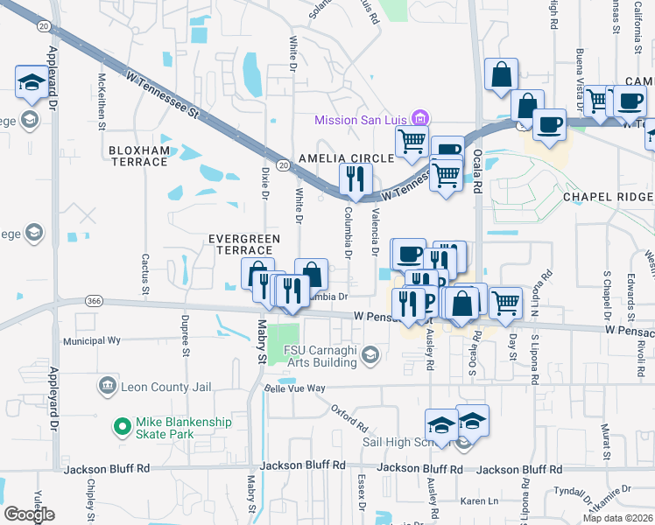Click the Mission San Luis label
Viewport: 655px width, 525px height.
tap(363, 118)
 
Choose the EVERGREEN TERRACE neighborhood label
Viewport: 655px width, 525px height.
tap(244, 244)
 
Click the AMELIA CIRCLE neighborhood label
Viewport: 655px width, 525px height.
tap(338, 158)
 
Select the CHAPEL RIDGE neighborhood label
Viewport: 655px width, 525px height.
tap(609, 197)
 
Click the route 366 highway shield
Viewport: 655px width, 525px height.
tap(95, 301)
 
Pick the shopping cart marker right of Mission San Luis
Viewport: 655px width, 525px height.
tap(412, 140)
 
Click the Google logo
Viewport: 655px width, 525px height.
tap(29, 514)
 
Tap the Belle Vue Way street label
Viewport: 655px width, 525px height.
tap(295, 388)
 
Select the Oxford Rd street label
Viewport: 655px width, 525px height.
tap(349, 417)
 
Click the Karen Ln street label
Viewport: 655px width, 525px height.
tap(479, 501)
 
